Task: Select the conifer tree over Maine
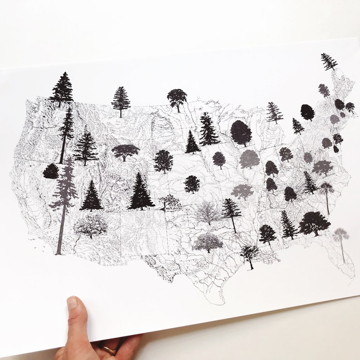click(x=329, y=61)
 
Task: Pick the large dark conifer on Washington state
click(x=62, y=89)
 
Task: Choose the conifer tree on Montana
click(x=121, y=101)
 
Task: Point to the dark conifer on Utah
click(x=92, y=196)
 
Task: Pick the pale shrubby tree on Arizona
click(x=91, y=225)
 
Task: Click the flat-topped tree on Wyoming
click(x=125, y=151)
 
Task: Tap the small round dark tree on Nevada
click(x=51, y=171)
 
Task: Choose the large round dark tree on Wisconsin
click(x=241, y=132)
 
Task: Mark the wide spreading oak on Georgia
click(x=314, y=223)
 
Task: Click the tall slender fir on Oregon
click(x=66, y=131)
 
